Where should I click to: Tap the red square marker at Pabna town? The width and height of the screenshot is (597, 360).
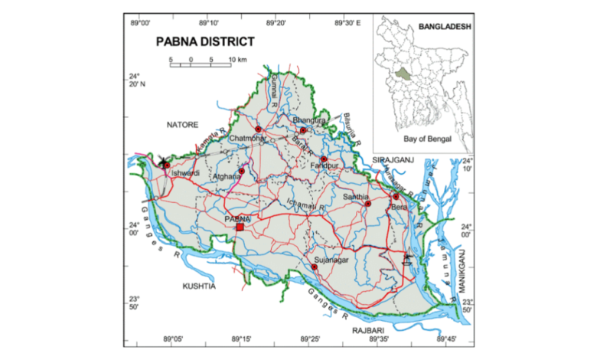pyautogui.click(x=240, y=227)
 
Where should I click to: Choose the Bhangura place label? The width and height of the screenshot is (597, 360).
pyautogui.click(x=310, y=120)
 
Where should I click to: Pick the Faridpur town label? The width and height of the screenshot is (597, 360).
pyautogui.click(x=325, y=168)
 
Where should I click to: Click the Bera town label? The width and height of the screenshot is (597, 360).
pyautogui.click(x=398, y=207)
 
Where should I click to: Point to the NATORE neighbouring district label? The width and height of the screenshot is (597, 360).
pyautogui.click(x=183, y=124)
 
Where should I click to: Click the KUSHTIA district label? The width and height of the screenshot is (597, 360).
pyautogui.click(x=199, y=286)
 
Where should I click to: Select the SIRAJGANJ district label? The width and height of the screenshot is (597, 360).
pyautogui.click(x=393, y=159)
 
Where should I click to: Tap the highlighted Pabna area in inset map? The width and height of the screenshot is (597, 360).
pyautogui.click(x=403, y=74)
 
